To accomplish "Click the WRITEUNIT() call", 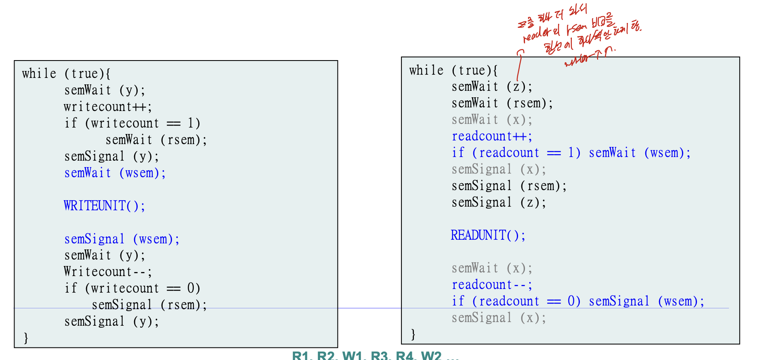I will tap(104, 206).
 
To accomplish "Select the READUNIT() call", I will tap(488, 235).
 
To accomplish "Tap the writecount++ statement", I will tap(107, 107).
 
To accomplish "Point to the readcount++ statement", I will tap(492, 136).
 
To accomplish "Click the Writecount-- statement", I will tap(107, 272).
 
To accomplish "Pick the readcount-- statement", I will tap(492, 285).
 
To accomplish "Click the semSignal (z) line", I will tap(499, 202).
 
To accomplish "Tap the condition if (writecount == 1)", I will tap(132, 123).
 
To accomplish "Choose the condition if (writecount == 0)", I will tap(132, 288).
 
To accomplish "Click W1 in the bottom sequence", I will tap(352, 356).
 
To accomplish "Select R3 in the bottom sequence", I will tap(379, 356).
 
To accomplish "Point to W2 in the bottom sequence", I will tap(431, 356).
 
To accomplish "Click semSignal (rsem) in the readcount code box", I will tap(509, 186).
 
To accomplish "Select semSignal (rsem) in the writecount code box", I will tap(149, 305).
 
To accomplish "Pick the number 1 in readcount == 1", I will tap(571, 153).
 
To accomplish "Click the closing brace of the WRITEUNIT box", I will tap(26, 338).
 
